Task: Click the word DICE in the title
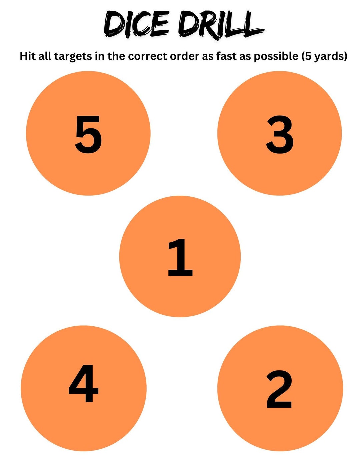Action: click(137, 24)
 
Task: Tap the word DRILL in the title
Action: click(220, 24)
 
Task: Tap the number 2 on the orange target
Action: click(279, 389)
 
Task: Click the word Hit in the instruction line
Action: click(27, 56)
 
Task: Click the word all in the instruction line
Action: click(45, 56)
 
